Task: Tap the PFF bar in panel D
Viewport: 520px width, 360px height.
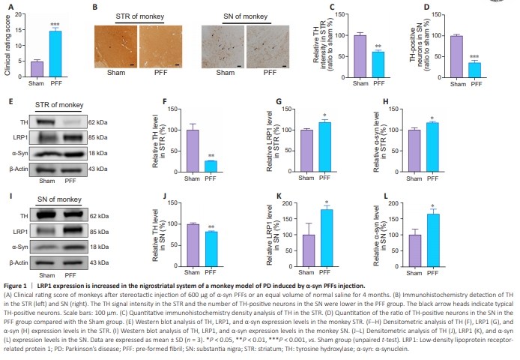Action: (x=474, y=67)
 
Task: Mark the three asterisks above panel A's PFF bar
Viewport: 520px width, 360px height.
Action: (x=55, y=25)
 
